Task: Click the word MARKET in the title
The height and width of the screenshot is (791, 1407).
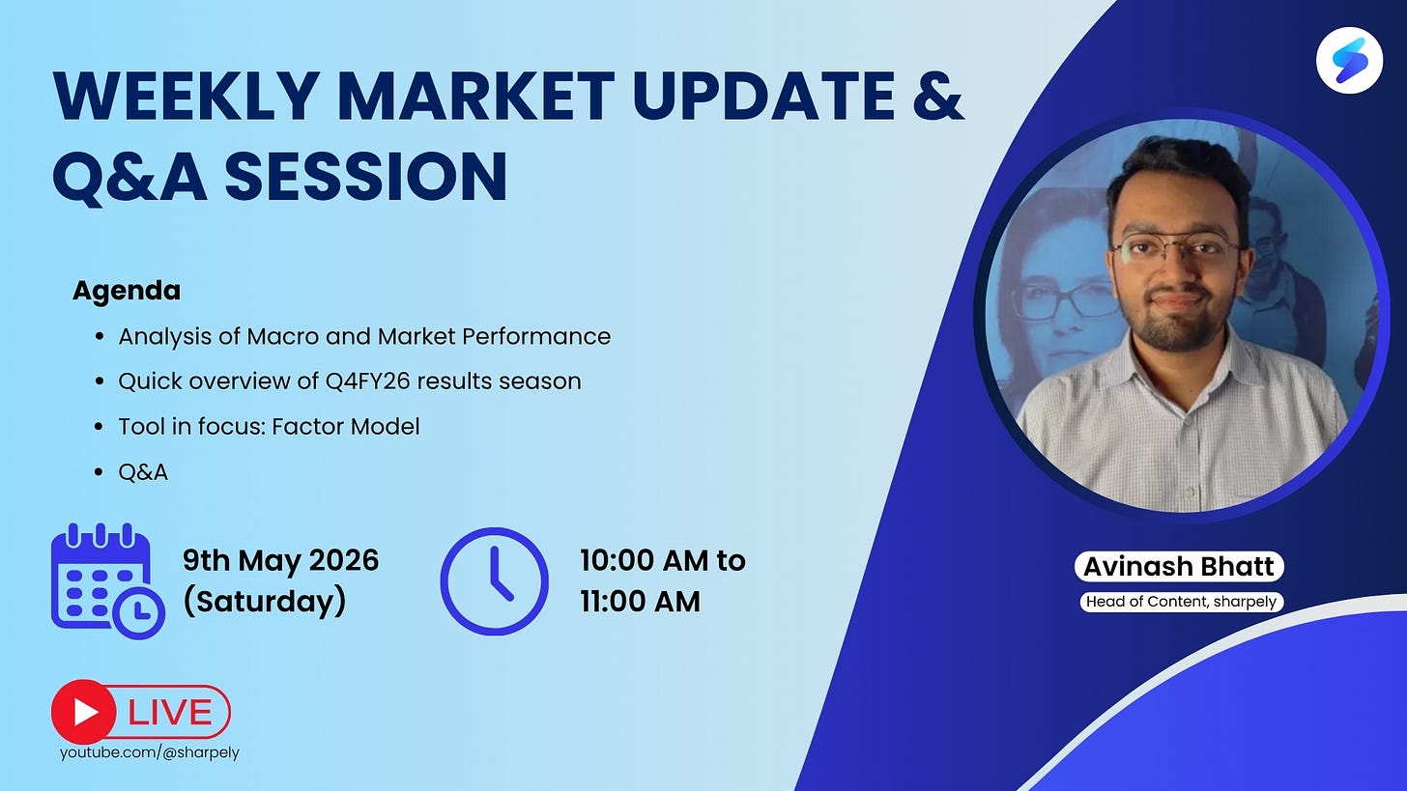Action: click(x=477, y=96)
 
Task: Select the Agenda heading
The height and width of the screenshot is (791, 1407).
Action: click(x=127, y=292)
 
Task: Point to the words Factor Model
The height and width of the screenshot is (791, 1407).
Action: click(x=346, y=427)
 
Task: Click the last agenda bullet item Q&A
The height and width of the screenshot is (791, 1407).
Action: click(x=143, y=472)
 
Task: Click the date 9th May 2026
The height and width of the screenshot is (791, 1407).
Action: click(x=281, y=560)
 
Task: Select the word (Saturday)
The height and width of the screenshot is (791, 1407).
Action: click(x=265, y=602)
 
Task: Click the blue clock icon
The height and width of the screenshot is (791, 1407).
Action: click(x=495, y=580)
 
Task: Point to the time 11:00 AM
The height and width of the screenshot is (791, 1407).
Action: click(x=640, y=602)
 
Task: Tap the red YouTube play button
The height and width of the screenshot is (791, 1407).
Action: click(x=83, y=712)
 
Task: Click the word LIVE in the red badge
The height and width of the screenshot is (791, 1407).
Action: click(x=170, y=713)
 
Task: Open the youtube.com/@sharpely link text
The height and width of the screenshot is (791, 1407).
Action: click(x=150, y=752)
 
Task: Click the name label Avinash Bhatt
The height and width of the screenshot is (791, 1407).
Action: click(x=1178, y=566)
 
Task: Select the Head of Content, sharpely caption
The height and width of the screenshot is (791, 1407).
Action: click(x=1182, y=602)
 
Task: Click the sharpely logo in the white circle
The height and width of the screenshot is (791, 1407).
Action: click(x=1349, y=60)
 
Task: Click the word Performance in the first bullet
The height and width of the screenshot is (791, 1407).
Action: click(x=536, y=336)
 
